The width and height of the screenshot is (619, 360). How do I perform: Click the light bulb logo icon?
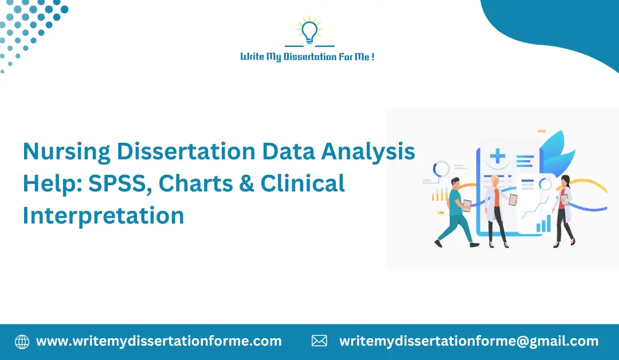coord(309,31)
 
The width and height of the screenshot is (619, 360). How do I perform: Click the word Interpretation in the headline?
coord(103,216)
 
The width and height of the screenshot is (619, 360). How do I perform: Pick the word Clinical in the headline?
coord(303,183)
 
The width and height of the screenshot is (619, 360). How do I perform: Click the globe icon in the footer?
coord(22,342)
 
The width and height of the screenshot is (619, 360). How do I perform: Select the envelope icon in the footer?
coord(319,342)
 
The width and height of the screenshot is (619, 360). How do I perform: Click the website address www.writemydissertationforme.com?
coord(159,342)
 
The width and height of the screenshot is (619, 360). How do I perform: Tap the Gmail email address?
coord(468,342)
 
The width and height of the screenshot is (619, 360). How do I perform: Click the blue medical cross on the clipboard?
coord(497,156)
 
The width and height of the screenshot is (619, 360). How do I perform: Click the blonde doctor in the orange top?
coord(496,209)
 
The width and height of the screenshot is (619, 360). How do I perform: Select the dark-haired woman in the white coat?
coord(564,210)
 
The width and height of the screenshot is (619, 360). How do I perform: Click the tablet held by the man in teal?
coord(467,205)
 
